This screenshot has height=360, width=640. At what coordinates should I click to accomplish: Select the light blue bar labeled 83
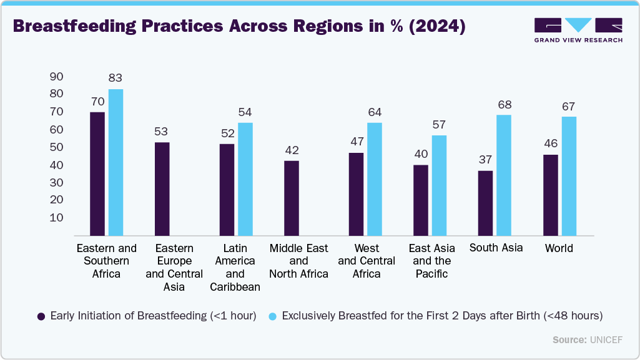(116, 162)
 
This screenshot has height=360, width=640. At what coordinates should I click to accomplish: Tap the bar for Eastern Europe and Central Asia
(162, 188)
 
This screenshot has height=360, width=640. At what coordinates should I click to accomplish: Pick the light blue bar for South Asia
(504, 175)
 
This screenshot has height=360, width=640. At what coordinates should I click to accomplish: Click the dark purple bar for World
(550, 195)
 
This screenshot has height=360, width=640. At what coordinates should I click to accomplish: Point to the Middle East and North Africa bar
(291, 198)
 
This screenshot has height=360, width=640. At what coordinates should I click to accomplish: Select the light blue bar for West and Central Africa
(375, 179)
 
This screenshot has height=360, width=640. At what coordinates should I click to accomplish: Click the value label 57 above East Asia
(439, 125)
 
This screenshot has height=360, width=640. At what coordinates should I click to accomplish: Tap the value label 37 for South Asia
(485, 160)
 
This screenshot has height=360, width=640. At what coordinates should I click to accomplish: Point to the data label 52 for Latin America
(226, 133)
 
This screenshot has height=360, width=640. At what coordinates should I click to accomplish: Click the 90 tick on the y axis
(56, 77)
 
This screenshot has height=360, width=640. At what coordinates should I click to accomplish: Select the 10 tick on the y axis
(56, 218)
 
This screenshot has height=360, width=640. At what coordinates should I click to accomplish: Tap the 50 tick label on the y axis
(56, 147)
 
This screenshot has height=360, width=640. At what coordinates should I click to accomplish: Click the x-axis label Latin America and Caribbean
(235, 267)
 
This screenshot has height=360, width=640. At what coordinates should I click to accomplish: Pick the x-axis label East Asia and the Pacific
(431, 261)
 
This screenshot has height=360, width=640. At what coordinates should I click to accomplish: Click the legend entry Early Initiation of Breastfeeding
(153, 316)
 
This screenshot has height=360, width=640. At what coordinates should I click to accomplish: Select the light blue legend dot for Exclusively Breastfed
(273, 316)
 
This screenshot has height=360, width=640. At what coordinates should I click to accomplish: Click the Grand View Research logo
(578, 30)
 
